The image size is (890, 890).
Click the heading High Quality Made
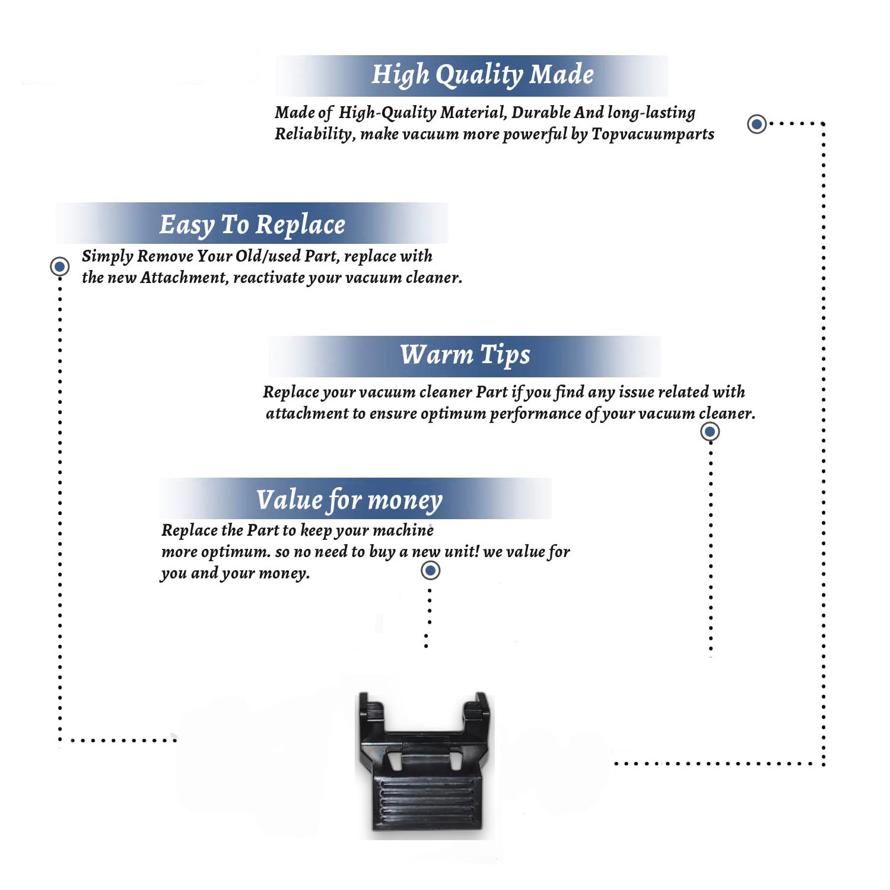click(482, 75)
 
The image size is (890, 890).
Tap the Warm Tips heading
click(465, 355)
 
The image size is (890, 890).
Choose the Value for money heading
click(349, 500)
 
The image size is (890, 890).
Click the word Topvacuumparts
click(653, 134)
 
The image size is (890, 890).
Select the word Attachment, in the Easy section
click(185, 278)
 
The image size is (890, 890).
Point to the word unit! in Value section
click(462, 552)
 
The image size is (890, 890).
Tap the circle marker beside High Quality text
click(757, 124)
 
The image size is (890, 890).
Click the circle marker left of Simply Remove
click(59, 266)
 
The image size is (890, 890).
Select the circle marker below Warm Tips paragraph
click(710, 431)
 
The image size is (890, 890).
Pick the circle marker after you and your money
click(430, 571)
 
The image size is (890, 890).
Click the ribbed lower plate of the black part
click(427, 801)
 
